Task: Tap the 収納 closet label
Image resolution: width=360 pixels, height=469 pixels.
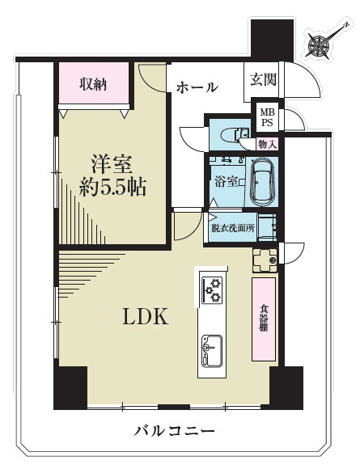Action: pos(93,85)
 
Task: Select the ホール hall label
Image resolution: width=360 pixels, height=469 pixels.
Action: pos(197,87)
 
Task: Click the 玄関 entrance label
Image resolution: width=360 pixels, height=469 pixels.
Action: pos(263,79)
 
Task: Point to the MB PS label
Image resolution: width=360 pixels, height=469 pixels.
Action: pos(267,117)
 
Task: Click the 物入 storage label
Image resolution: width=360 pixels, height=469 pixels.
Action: pos(267,145)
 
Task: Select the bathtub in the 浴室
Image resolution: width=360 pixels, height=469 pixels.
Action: pos(261,182)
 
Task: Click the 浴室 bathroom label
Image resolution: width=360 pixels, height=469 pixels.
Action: pos(227,182)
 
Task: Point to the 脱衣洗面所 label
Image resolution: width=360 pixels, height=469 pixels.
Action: pos(233,229)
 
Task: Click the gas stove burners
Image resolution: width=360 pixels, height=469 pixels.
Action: pos(213,289)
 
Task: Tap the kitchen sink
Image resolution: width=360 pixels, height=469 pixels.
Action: pos(212,351)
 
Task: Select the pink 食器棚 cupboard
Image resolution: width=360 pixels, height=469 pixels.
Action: pos(264,319)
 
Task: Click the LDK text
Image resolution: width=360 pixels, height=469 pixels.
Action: pos(146,316)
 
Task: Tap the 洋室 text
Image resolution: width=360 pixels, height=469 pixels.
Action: pos(112,164)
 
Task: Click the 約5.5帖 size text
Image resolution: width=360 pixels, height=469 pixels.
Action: pos(112,188)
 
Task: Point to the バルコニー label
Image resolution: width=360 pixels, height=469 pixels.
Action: pos(174,431)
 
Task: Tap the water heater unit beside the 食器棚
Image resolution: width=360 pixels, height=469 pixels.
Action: pos(265,260)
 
